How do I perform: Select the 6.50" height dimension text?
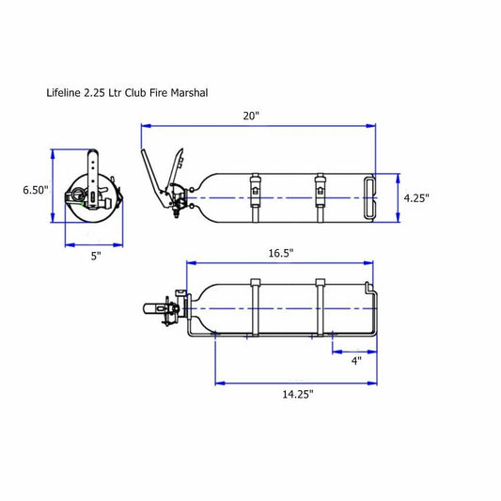(x=36, y=190)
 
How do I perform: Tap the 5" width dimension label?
(x=95, y=256)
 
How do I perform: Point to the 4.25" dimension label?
(x=416, y=198)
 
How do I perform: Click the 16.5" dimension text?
(x=279, y=253)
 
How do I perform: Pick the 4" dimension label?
(x=355, y=360)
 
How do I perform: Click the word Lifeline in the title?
(x=64, y=94)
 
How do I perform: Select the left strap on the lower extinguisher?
(x=254, y=308)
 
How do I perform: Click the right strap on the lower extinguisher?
(x=321, y=308)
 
